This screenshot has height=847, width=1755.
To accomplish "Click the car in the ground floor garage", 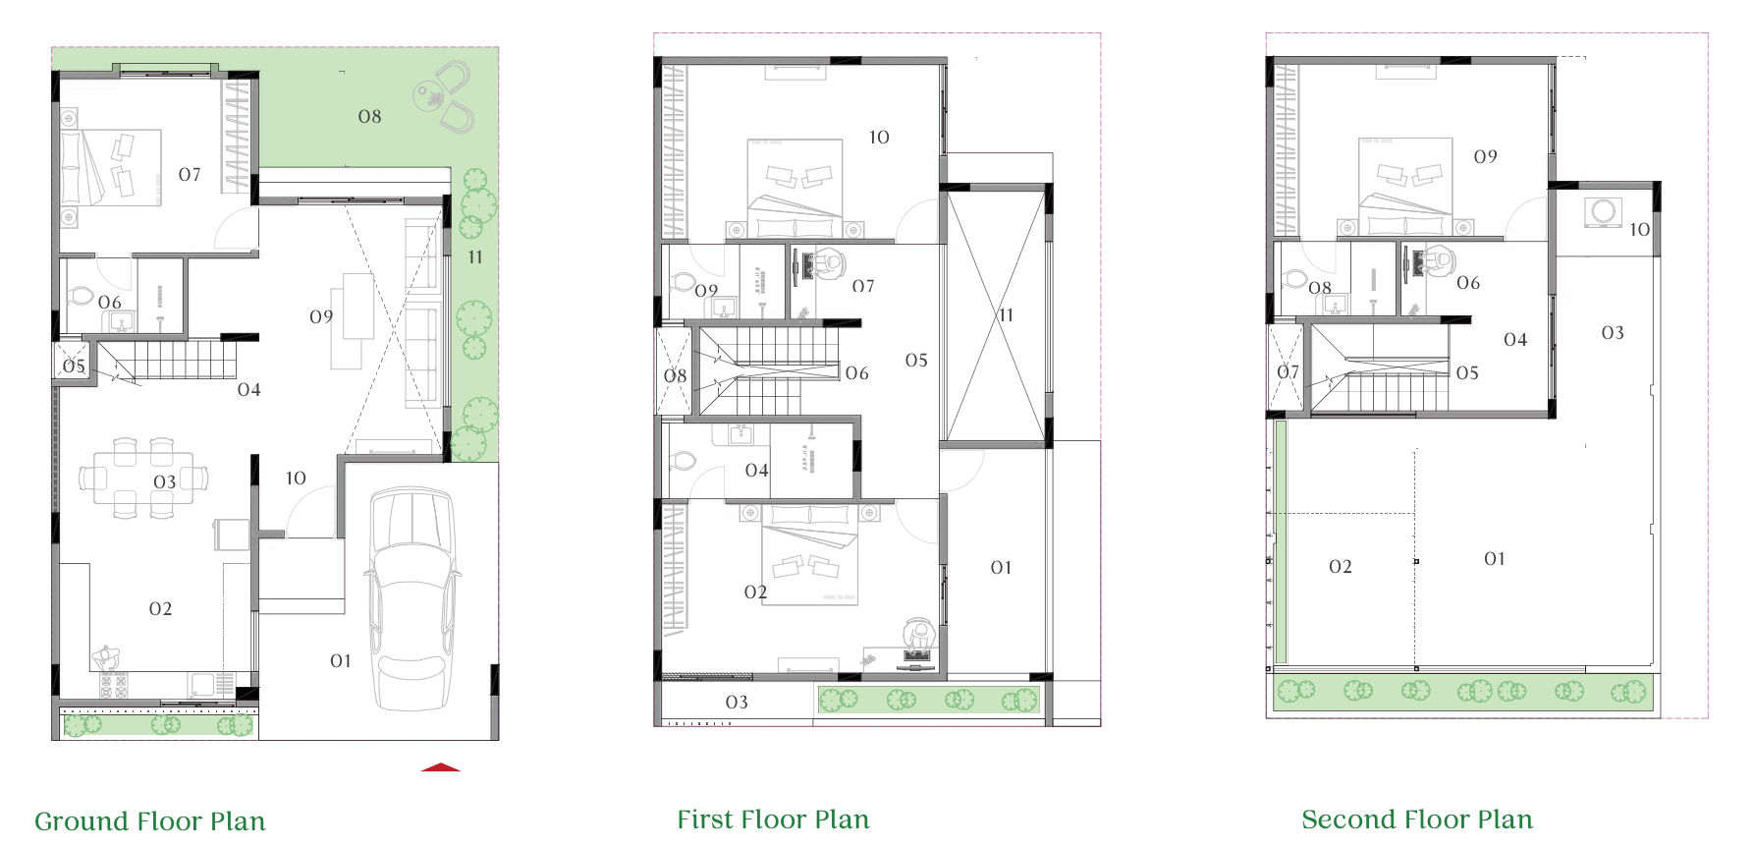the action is pyautogui.click(x=411, y=599).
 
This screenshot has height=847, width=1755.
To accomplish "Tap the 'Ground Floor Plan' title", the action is pyautogui.click(x=150, y=820).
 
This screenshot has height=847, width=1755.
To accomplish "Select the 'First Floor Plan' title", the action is pyautogui.click(x=773, y=819).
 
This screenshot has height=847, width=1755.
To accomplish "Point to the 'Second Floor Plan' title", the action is pyautogui.click(x=1417, y=819).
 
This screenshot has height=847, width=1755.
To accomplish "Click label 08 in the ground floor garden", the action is pyautogui.click(x=369, y=116).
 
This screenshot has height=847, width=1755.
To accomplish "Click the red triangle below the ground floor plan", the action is pyautogui.click(x=441, y=766).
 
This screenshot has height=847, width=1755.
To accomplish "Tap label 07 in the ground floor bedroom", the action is pyautogui.click(x=190, y=174).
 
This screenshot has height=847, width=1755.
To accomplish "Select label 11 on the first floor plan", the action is pyautogui.click(x=1006, y=314).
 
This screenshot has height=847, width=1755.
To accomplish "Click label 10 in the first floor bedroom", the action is pyautogui.click(x=879, y=138).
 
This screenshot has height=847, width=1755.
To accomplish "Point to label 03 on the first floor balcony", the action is pyautogui.click(x=737, y=702).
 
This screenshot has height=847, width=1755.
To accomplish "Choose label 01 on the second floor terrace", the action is pyautogui.click(x=1495, y=558).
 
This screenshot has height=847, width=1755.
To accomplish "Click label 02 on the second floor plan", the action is pyautogui.click(x=1341, y=566).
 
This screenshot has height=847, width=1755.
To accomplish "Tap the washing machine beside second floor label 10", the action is pyautogui.click(x=1603, y=212).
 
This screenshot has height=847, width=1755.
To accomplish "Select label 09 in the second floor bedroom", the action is pyautogui.click(x=1486, y=156).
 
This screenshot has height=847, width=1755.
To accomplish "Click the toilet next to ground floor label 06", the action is pyautogui.click(x=80, y=296).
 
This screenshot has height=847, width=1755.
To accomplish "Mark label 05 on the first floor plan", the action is pyautogui.click(x=916, y=360).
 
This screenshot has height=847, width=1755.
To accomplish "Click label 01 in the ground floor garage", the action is pyautogui.click(x=341, y=660).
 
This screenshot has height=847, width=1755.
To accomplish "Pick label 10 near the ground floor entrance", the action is pyautogui.click(x=296, y=478).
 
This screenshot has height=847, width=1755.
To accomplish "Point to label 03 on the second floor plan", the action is pyautogui.click(x=1613, y=332).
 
